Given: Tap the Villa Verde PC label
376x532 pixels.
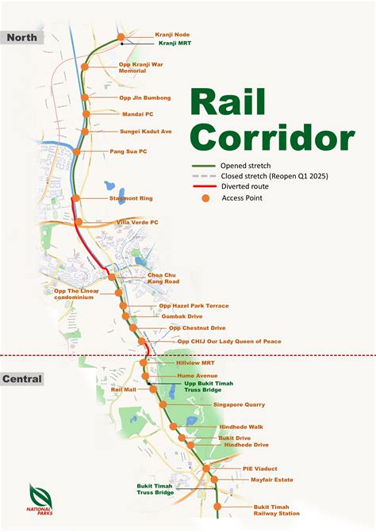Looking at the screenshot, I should (137, 223).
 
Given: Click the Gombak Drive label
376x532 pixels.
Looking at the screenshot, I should (182, 316).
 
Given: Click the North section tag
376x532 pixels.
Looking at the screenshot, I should (21, 36).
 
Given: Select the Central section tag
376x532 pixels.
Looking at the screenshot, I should (21, 379).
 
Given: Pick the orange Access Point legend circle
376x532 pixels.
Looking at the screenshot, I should (205, 198).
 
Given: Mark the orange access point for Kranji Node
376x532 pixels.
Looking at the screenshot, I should (121, 37).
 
